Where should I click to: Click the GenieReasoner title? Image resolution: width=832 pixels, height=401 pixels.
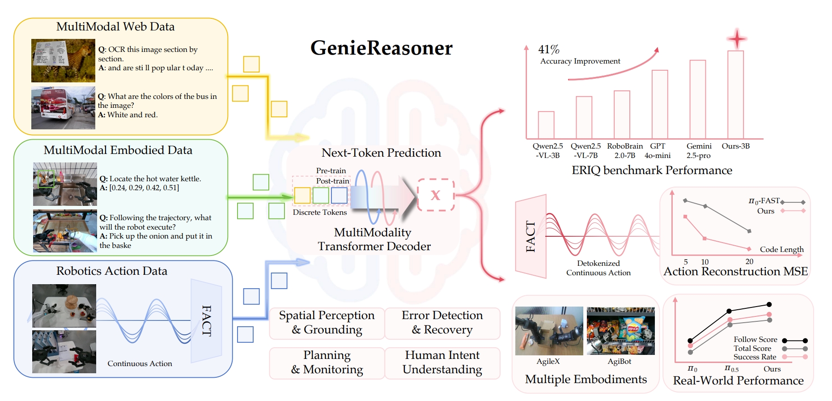click(381, 48)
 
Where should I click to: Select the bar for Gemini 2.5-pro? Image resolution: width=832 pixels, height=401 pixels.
click(697, 99)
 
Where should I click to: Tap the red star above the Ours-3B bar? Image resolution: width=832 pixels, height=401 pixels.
click(736, 39)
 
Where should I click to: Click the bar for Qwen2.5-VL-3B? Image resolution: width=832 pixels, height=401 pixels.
click(546, 125)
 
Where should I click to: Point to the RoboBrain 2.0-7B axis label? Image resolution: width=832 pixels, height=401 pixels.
click(624, 151)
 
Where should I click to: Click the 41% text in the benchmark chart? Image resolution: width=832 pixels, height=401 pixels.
click(548, 49)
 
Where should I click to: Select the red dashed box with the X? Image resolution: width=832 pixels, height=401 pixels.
click(436, 195)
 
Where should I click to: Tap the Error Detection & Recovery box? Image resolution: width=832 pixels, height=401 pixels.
click(442, 323)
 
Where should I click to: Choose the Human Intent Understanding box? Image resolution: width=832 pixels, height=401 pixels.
click(442, 363)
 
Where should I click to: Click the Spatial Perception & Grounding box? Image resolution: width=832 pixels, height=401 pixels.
click(327, 323)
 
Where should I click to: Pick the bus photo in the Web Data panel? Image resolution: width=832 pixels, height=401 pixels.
click(63, 108)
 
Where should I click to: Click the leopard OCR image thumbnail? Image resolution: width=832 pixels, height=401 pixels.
click(63, 60)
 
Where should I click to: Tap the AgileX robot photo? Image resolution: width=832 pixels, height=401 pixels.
click(549, 331)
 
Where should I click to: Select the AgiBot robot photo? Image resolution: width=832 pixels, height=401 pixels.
click(620, 331)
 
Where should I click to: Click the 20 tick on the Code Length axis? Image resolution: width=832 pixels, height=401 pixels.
click(749, 262)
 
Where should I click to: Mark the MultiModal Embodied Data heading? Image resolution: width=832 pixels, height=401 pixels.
click(118, 150)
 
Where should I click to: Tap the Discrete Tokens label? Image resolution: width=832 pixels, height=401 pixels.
click(319, 213)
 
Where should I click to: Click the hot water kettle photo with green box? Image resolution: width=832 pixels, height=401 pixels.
click(65, 184)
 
